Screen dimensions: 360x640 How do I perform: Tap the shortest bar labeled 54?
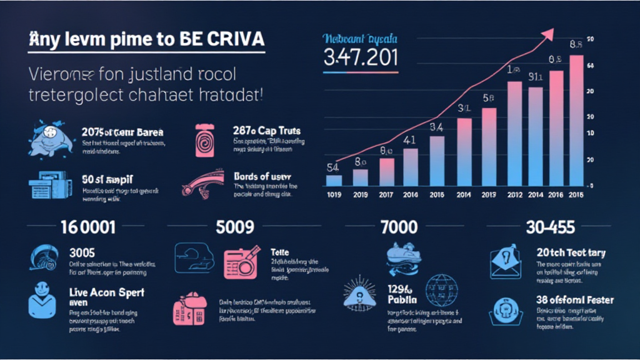(x=334, y=180)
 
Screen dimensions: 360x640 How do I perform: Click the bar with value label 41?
(x=411, y=167)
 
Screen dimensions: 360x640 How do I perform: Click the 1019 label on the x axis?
(x=334, y=194)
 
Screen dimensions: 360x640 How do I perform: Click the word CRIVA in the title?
(x=234, y=38)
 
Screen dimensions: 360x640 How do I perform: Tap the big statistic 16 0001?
(x=87, y=226)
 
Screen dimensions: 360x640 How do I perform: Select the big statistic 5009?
(x=235, y=226)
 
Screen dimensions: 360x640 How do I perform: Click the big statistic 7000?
(x=399, y=226)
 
